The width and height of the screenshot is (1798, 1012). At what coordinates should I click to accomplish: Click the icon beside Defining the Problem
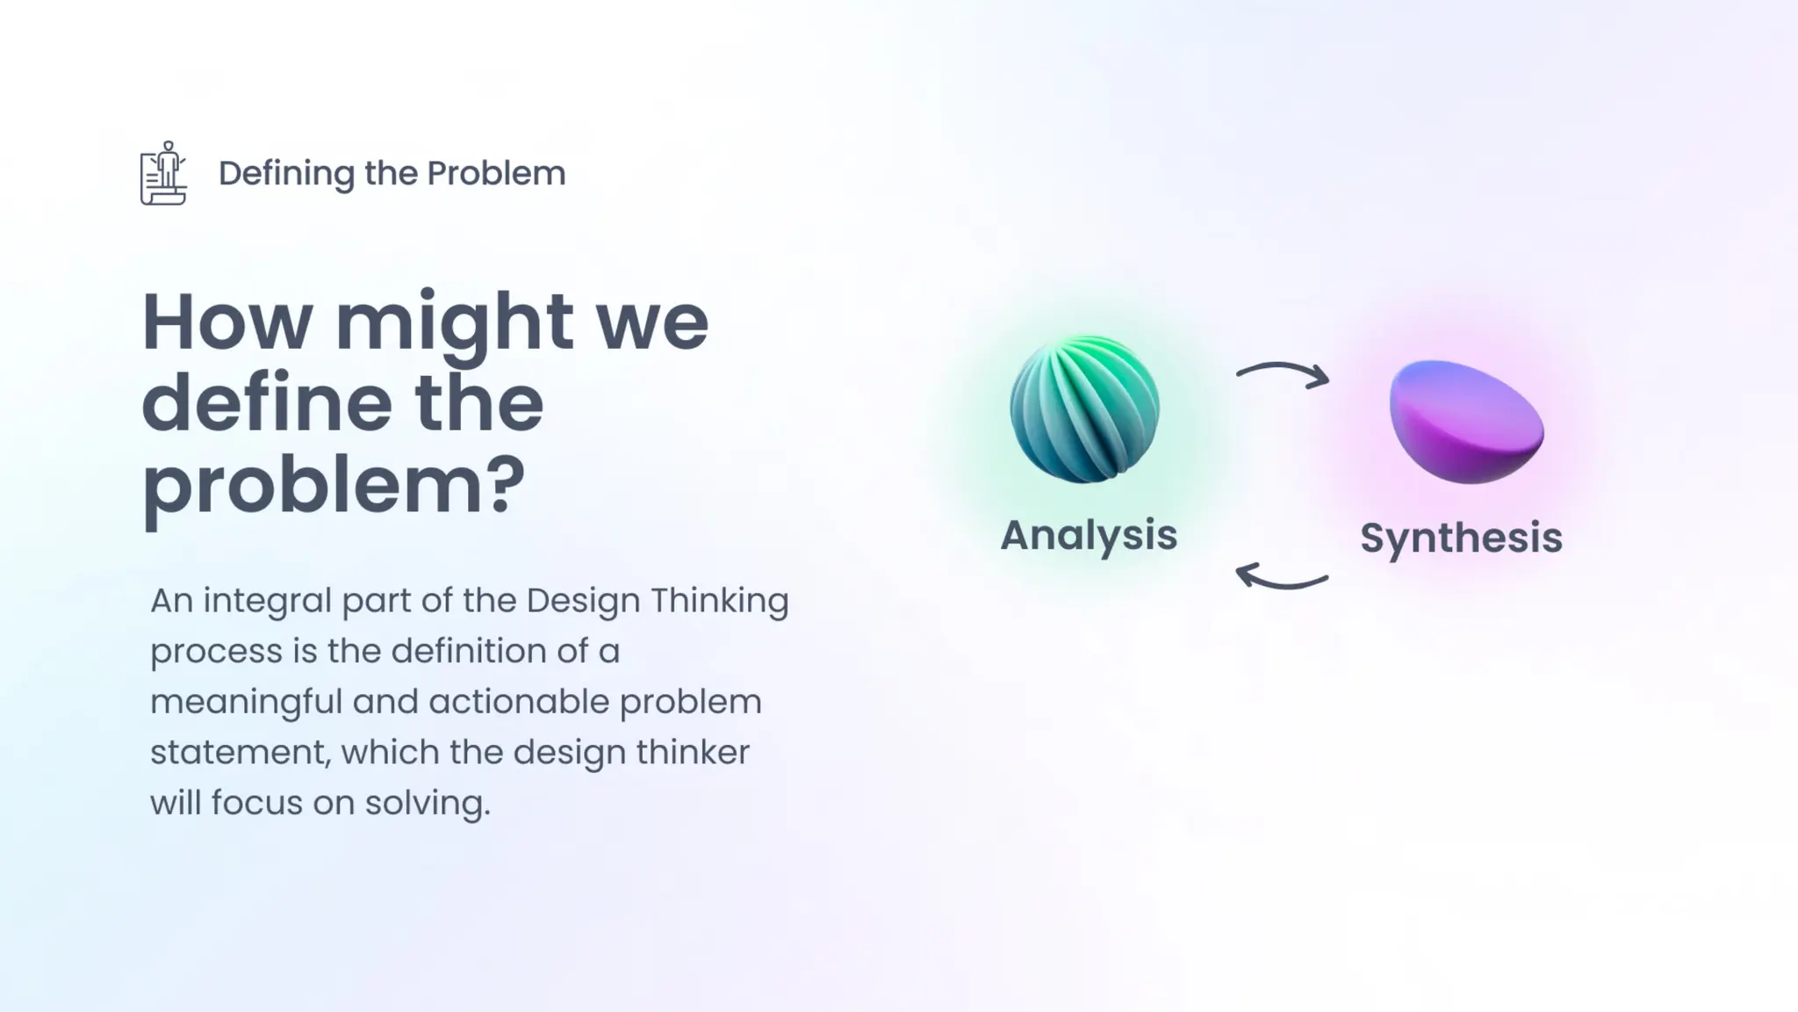coord(163,173)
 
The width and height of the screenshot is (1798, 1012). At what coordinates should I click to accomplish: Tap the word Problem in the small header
coord(496,173)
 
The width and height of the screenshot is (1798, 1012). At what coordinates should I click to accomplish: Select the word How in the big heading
coord(227,322)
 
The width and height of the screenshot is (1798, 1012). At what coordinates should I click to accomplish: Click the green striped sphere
coord(1084,409)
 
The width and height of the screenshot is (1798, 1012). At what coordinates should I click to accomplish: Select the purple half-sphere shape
coord(1466,422)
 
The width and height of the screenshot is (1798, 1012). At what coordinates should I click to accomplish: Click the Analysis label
coord(1089,534)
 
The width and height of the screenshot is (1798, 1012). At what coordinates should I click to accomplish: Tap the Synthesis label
coord(1461,538)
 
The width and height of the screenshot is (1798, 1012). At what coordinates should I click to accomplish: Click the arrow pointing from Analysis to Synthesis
coord(1283,373)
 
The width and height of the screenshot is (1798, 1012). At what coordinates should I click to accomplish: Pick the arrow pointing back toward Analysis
coord(1281,577)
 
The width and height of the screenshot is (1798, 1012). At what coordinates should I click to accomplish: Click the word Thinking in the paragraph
coord(719,602)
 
